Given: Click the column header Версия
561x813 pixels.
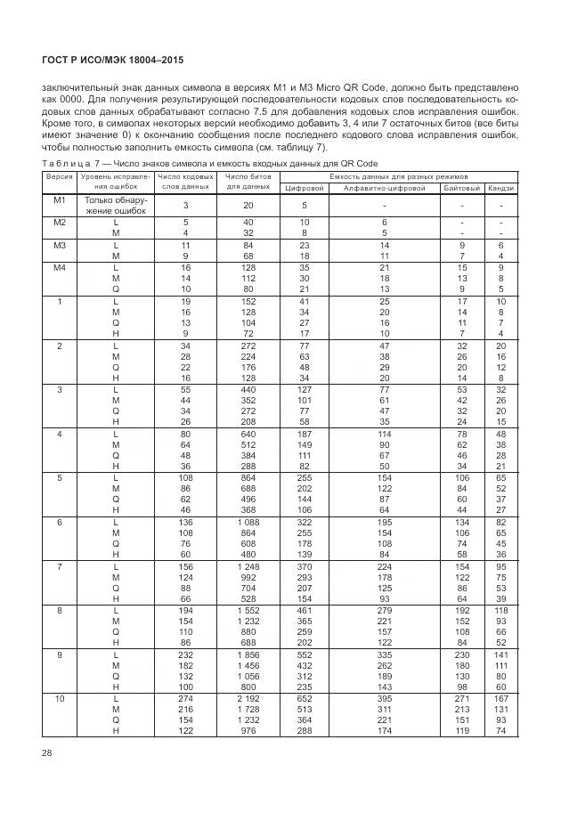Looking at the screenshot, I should [x=60, y=176].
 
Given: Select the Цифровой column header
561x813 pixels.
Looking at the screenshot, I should [x=305, y=188].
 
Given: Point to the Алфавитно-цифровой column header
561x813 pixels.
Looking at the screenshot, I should [x=385, y=188].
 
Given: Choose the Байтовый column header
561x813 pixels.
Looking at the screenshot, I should [x=461, y=188].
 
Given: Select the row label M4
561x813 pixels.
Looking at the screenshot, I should [x=60, y=267].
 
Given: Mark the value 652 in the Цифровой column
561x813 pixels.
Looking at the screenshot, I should [x=305, y=698].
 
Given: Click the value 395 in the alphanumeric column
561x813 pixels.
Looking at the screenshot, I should [x=385, y=698].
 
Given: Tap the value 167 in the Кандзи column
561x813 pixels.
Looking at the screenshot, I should [x=501, y=698].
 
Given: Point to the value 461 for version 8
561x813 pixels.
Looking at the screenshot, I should [x=305, y=611].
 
